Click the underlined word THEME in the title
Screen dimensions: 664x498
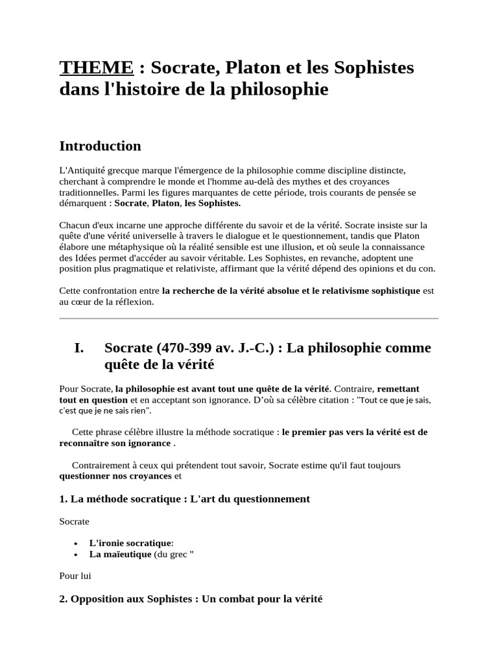point(96,67)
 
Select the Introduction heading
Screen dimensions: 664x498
point(100,145)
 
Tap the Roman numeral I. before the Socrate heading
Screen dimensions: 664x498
point(80,348)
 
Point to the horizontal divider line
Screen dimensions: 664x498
point(248,318)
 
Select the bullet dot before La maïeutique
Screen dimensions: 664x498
point(76,555)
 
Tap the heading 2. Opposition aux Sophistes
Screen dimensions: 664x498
point(191,600)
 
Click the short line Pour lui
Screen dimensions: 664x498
point(75,576)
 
